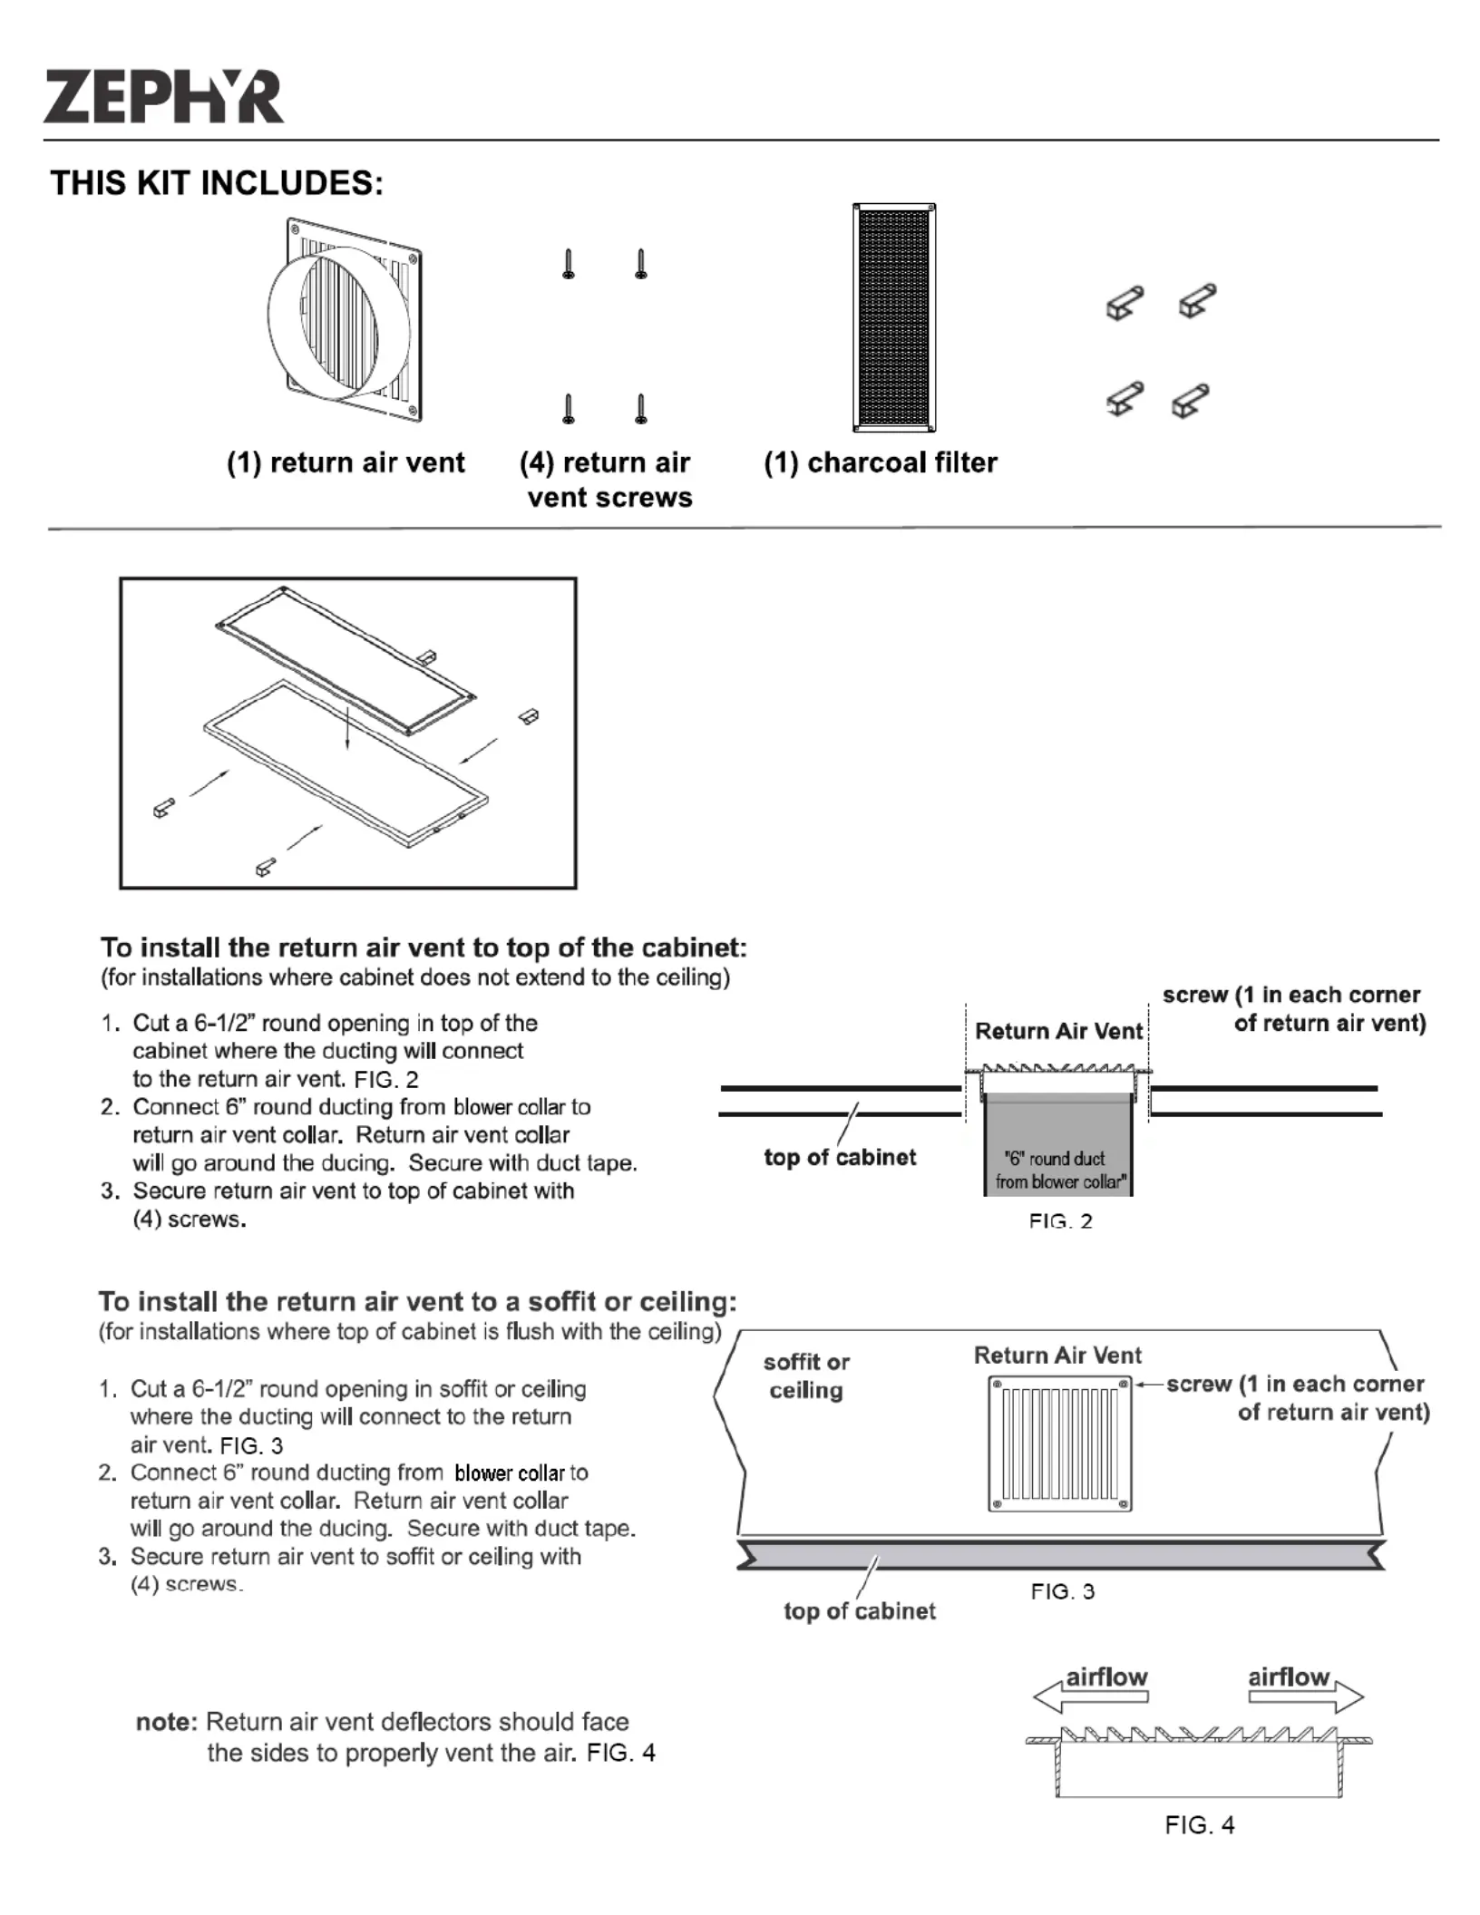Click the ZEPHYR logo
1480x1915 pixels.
point(163,97)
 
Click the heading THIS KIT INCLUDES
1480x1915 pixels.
point(217,183)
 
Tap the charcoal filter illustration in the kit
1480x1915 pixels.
point(893,317)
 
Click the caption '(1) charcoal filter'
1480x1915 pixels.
point(880,462)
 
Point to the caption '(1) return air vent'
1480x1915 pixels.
point(346,462)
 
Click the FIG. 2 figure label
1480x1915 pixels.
point(1060,1221)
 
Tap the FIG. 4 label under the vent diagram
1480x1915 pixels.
point(1199,1825)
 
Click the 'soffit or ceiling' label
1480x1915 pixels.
point(806,1375)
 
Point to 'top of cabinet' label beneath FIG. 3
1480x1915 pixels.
point(859,1611)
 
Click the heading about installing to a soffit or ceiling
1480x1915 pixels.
point(417,1302)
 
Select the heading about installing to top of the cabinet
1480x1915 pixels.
point(424,948)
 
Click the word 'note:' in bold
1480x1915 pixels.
point(167,1722)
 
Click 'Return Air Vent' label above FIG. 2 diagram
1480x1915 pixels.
point(1058,1031)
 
